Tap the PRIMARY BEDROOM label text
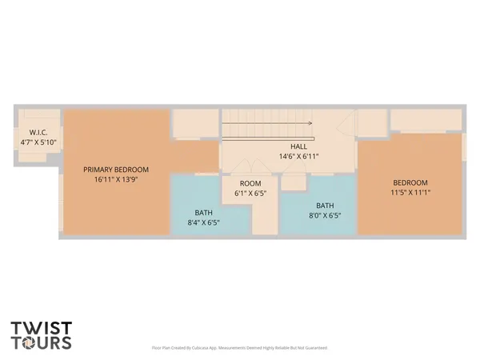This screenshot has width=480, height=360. (116, 170)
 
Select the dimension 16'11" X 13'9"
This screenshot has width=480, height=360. (116, 180)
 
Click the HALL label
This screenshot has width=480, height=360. (299, 146)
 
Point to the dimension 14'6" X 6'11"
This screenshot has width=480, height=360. (299, 157)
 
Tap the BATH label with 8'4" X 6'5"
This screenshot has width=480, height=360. (203, 213)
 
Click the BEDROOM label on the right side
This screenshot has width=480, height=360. (410, 182)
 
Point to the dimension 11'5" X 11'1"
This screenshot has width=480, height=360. (410, 192)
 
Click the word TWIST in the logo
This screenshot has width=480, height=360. (42, 327)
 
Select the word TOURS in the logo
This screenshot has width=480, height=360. (42, 343)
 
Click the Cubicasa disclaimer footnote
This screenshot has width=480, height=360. (239, 348)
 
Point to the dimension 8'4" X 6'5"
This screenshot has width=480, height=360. (203, 223)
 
